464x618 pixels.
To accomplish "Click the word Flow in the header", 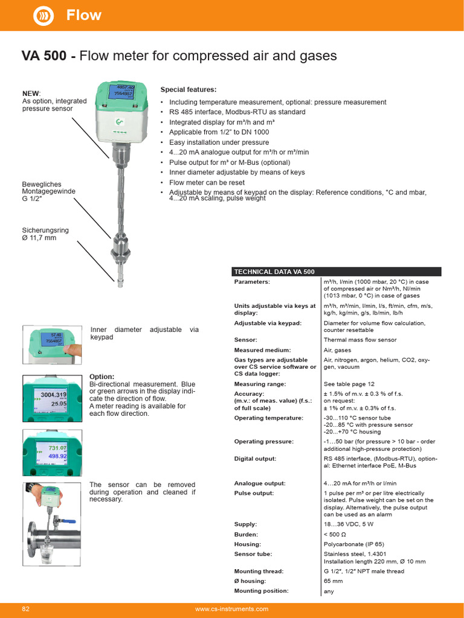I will tap(84, 15).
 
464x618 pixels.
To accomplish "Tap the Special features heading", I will tap(188, 89).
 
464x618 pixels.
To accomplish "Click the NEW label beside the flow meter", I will tap(31, 94).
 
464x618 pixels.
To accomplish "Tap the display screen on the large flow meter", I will tap(120, 92).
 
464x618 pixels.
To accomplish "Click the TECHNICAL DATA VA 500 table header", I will tap(274, 272).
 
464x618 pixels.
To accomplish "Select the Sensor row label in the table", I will tap(246, 340).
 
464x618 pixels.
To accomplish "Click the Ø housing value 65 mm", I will tap(333, 581).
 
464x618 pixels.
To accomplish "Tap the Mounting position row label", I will tap(261, 591).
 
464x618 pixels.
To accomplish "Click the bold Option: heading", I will tap(102, 377).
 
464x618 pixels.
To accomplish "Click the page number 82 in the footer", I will tap(26, 609).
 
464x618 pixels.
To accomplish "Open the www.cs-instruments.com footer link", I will tap(232, 609).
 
